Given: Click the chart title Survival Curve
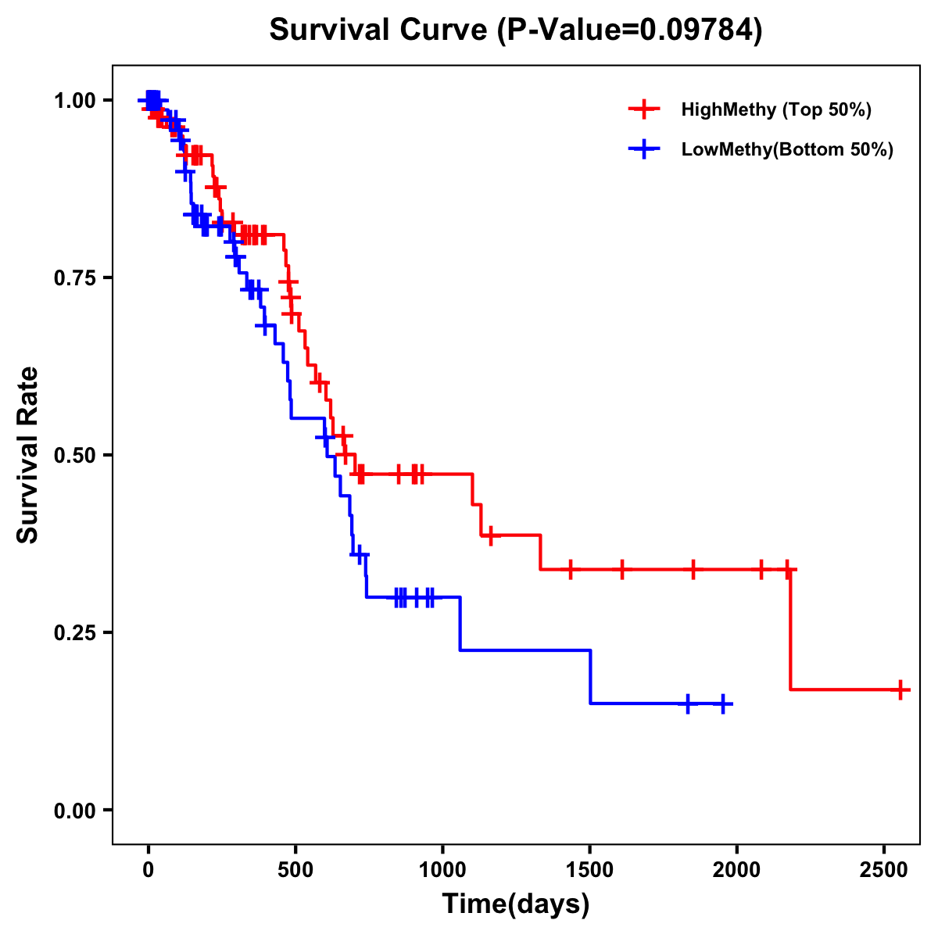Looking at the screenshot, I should click(379, 30).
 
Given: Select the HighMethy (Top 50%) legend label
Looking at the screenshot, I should click(776, 109).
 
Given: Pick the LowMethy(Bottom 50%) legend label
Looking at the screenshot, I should click(787, 150).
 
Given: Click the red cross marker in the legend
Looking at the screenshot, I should click(644, 109).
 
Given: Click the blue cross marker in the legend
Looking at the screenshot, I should click(644, 150).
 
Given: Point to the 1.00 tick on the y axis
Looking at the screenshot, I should click(75, 100).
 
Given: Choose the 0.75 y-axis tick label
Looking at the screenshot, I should click(75, 277).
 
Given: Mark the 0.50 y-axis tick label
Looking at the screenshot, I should click(75, 455).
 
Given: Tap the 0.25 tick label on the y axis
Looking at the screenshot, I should click(75, 632).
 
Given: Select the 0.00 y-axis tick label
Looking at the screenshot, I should click(75, 810).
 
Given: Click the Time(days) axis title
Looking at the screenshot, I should click(516, 904).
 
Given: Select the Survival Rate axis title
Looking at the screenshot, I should click(28, 455).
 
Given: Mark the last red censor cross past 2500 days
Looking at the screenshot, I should click(900, 689).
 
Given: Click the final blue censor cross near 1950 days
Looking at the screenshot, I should click(723, 703).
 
